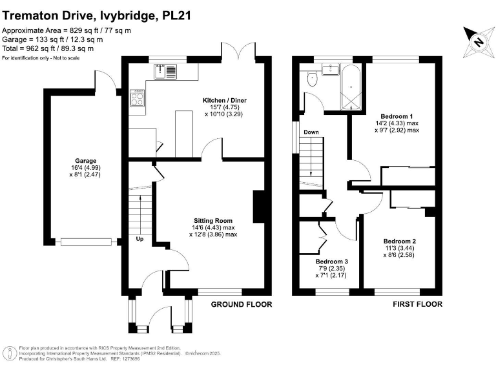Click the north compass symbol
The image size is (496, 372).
(x=477, y=42)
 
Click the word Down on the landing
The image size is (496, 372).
(x=311, y=132)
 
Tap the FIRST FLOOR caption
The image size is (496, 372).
(x=417, y=304)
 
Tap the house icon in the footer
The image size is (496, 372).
(x=10, y=353)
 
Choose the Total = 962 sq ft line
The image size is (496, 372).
(x=48, y=48)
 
